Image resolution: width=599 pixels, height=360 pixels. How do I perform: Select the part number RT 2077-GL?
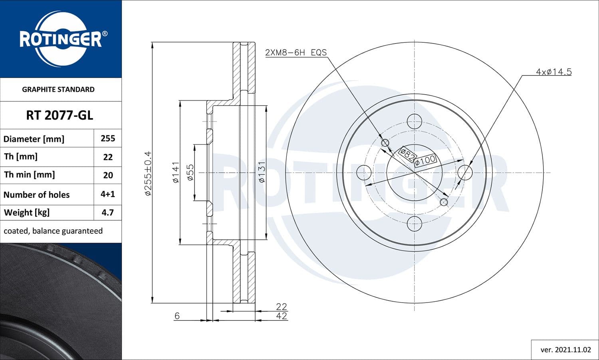click(60, 115)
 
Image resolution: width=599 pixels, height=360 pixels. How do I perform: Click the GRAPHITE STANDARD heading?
click(58, 89)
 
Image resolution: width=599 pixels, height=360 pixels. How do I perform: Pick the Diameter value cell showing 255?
click(108, 138)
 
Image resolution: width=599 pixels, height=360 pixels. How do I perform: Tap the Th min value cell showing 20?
click(108, 175)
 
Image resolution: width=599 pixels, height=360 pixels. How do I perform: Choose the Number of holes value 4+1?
click(108, 194)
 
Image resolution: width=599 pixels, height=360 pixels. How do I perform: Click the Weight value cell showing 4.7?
click(108, 212)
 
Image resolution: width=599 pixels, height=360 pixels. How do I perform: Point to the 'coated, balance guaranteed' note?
click(53, 231)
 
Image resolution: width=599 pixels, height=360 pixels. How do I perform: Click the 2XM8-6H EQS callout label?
click(296, 52)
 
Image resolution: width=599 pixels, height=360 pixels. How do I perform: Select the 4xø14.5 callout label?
click(553, 72)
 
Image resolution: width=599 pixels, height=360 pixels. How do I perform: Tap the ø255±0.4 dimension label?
click(148, 173)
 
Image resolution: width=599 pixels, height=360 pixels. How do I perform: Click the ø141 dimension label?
click(176, 172)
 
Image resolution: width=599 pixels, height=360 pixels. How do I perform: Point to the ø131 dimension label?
click(262, 172)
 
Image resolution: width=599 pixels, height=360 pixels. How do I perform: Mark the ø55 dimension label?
click(190, 172)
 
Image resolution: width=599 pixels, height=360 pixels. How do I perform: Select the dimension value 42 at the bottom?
click(282, 316)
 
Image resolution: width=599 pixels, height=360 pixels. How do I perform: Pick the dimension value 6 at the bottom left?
click(177, 316)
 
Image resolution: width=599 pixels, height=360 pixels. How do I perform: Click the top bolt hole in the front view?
click(415, 121)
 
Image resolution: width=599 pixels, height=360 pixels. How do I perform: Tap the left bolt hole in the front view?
click(363, 173)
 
